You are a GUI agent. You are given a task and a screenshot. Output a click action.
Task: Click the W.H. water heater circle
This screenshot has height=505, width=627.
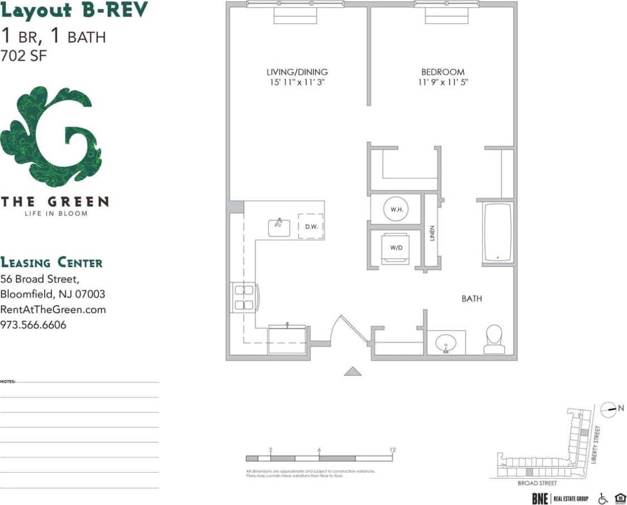tap(397, 209)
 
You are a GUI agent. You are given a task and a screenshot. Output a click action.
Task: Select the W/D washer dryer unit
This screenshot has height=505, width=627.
tap(396, 247)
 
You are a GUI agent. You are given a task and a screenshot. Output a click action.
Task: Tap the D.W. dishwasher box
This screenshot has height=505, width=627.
tap(311, 226)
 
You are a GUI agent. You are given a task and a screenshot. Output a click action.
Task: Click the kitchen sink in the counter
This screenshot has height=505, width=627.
tap(279, 227)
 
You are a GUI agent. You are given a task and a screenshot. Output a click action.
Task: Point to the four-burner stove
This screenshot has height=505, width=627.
tap(244, 297)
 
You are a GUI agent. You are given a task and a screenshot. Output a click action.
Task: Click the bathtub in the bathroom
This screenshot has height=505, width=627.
tap(498, 232)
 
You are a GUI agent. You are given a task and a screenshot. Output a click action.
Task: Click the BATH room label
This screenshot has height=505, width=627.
tap(471, 299)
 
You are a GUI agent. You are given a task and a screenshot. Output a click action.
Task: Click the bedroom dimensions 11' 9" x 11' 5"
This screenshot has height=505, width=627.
tap(442, 82)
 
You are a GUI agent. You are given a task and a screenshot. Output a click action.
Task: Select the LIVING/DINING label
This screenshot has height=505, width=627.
tap(297, 72)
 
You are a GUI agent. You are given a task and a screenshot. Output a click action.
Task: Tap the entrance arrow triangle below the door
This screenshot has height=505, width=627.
tap(353, 371)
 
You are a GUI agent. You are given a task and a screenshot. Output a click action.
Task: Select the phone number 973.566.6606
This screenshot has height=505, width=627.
tap(33, 324)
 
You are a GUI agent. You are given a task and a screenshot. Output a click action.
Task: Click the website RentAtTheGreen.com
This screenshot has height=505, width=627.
tap(53, 309)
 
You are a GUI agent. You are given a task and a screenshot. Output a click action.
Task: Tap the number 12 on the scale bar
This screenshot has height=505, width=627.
tap(393, 450)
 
